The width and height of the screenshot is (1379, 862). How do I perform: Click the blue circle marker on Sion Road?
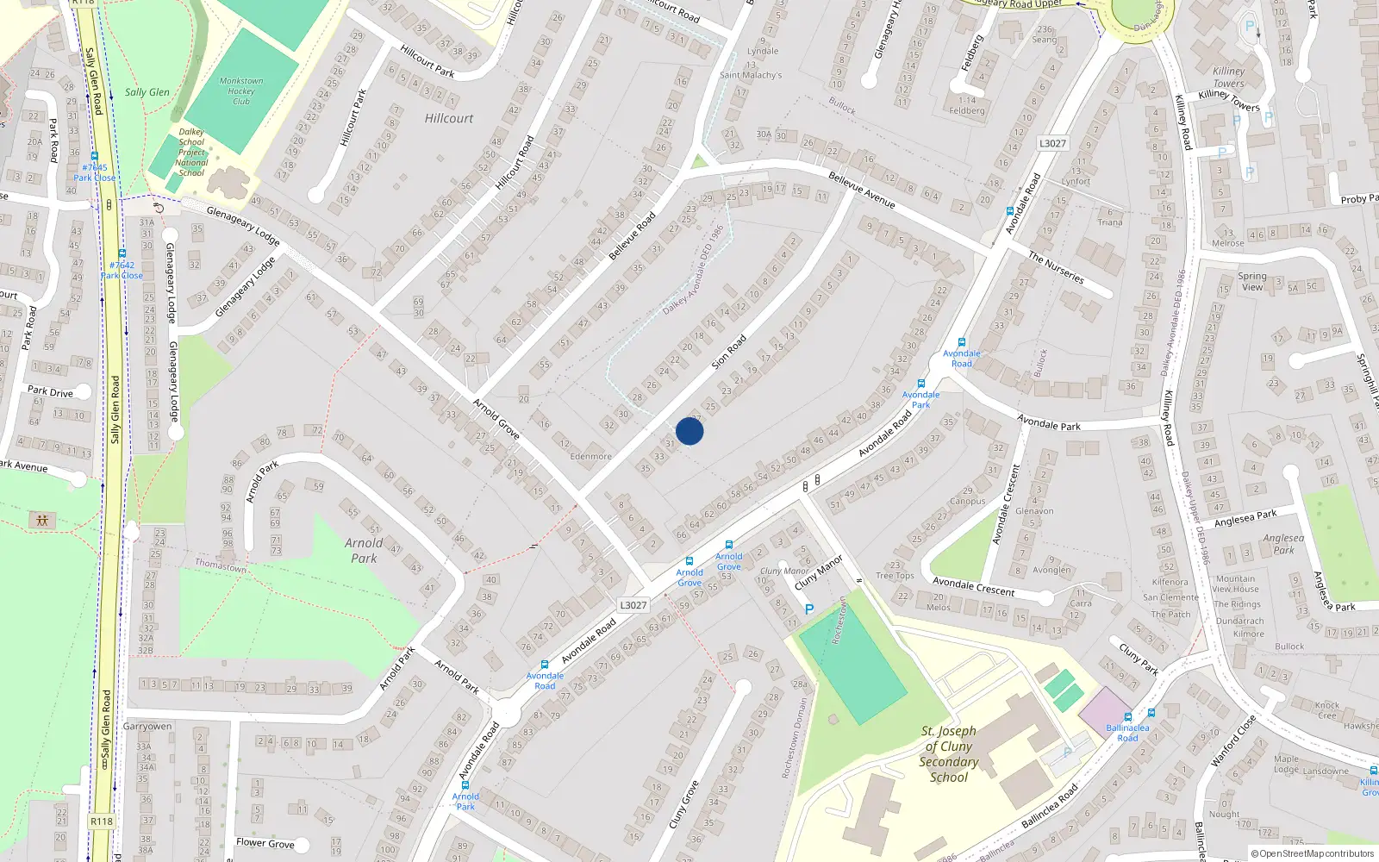point(689,431)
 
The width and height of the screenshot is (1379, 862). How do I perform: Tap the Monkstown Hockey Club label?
point(241,91)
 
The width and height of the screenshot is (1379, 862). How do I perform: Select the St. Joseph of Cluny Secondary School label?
point(948,753)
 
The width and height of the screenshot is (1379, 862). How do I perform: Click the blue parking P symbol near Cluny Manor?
point(808,609)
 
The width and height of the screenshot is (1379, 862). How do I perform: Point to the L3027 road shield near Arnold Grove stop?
point(633,605)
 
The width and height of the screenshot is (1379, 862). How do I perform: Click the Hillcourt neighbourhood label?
point(449,118)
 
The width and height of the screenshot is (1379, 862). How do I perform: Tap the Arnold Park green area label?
point(364,550)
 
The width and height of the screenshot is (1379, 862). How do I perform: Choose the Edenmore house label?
point(590,457)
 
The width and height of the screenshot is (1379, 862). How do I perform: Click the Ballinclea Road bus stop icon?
point(1127,717)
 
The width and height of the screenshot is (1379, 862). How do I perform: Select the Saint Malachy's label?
point(751,75)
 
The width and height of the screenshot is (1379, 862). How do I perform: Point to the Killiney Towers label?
point(1228,77)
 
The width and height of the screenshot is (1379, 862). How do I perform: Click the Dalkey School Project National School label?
point(191,153)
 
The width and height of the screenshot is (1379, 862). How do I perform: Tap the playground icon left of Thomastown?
point(41,520)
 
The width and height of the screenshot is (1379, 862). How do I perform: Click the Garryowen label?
point(147,727)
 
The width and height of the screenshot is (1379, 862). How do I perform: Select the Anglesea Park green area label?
point(1283,544)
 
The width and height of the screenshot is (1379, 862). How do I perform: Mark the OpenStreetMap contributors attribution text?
point(1313,853)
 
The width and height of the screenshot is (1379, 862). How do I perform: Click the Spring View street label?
point(1252,282)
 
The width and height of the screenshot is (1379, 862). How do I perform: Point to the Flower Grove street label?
point(265,843)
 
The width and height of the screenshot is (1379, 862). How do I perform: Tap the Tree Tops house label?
point(895,576)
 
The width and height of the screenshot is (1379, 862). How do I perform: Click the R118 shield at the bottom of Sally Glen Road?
point(102,821)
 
